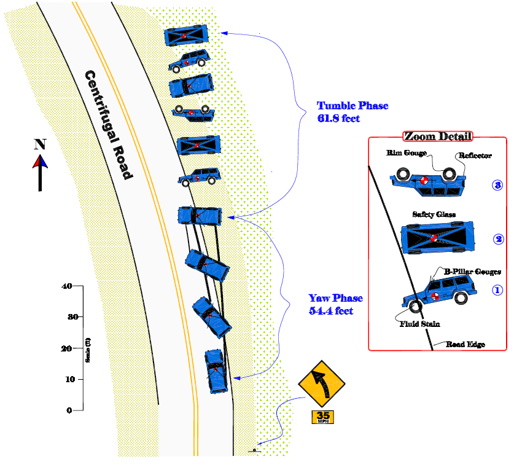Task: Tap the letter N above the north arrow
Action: point(40,144)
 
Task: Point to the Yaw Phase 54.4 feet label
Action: point(335,304)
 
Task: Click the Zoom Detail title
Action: point(438,136)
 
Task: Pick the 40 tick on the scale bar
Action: point(68,286)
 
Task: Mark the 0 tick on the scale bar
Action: point(69,410)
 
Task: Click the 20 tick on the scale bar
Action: point(68,348)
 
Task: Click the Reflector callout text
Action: point(474,156)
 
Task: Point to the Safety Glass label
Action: point(435,214)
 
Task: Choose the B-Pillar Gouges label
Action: point(472,272)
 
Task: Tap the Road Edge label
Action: point(465,345)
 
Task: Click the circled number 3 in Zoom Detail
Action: point(498,184)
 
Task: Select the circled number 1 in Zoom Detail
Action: point(498,291)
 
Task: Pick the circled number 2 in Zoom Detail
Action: point(498,239)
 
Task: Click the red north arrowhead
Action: point(40,161)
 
